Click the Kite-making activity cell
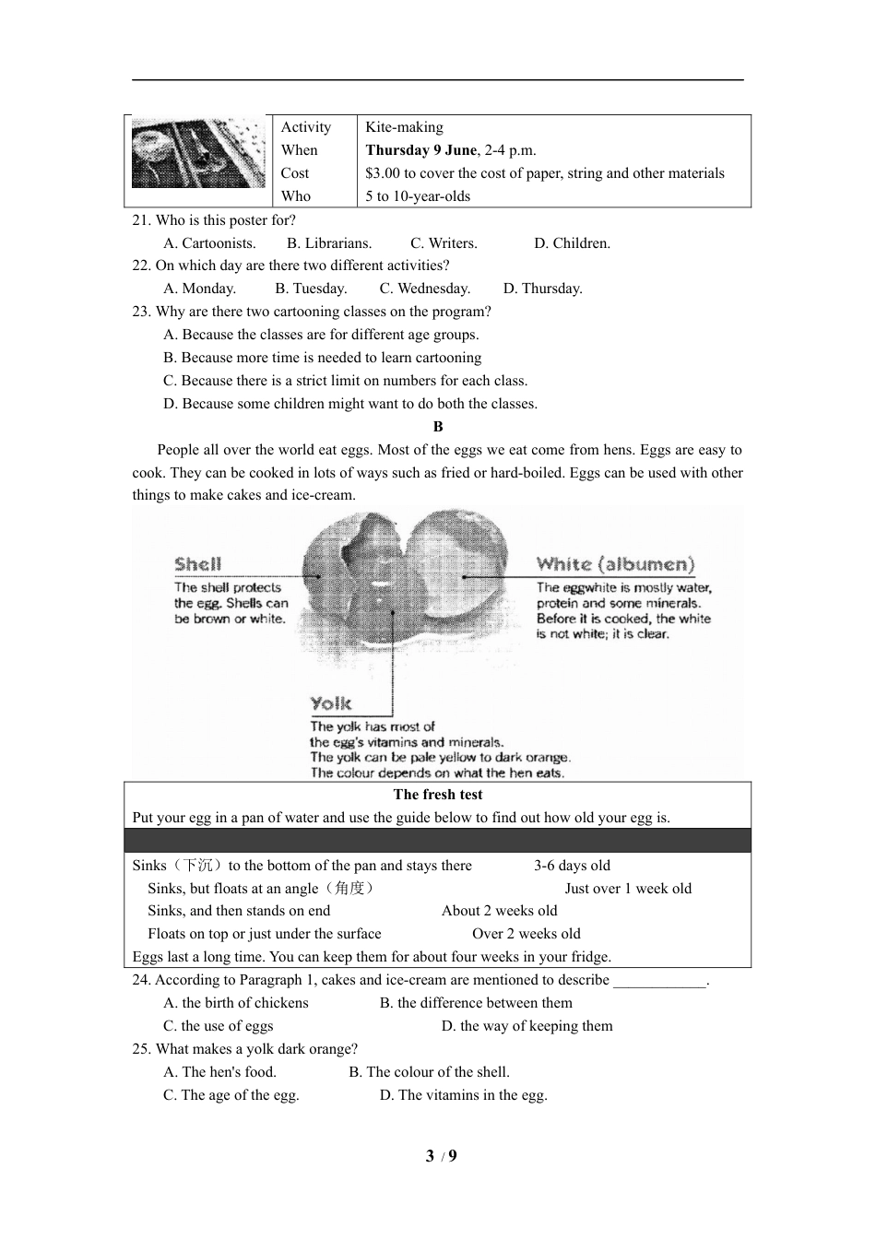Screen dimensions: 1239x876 404,127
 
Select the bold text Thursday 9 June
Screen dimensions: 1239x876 420,150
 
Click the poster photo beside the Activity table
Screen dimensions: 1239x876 198,153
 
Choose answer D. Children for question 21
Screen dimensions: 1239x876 572,243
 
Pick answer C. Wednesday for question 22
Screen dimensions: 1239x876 425,289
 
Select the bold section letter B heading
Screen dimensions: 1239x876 438,427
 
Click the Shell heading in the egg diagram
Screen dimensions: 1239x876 198,564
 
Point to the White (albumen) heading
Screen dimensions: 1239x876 615,564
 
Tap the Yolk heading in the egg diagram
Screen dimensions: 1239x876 331,704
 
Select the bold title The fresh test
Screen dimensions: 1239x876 438,795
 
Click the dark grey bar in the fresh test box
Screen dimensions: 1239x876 438,841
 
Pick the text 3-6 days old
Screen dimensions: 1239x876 572,866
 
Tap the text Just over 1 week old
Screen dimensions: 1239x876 628,889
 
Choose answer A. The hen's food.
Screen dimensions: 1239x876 220,1072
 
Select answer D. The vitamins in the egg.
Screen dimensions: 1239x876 464,1095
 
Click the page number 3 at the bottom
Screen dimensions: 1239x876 430,1156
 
